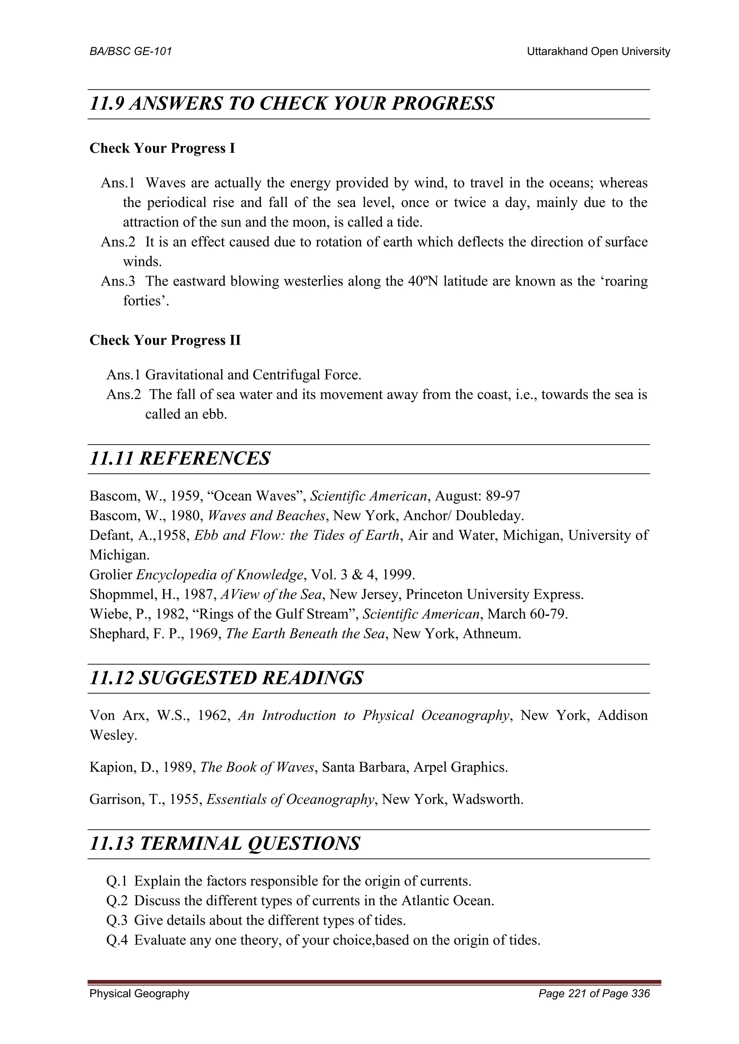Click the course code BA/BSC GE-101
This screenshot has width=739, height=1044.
point(131,52)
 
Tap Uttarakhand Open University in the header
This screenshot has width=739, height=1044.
point(598,52)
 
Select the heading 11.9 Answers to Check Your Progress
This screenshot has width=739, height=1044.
point(291,104)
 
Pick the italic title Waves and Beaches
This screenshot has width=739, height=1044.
point(267,516)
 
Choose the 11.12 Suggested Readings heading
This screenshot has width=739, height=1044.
point(226,678)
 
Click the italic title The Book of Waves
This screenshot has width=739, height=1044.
point(257,767)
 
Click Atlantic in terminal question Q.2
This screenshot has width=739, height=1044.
point(425,901)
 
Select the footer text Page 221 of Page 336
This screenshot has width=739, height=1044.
point(594,994)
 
